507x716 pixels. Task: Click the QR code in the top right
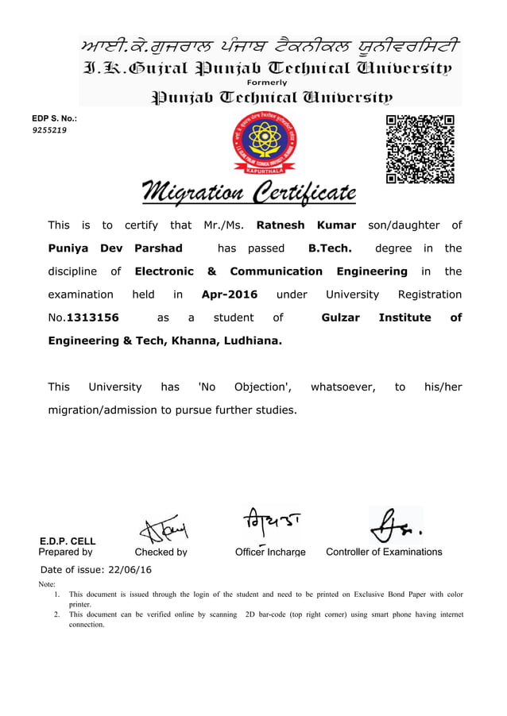pyautogui.click(x=420, y=149)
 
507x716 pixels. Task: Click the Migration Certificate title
pyautogui.click(x=249, y=192)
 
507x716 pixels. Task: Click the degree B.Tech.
pyautogui.click(x=329, y=248)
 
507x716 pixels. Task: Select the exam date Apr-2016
pyautogui.click(x=230, y=294)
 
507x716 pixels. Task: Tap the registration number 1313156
pyautogui.click(x=92, y=318)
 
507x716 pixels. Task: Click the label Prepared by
pyautogui.click(x=66, y=552)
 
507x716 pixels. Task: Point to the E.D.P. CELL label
pyautogui.click(x=68, y=541)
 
